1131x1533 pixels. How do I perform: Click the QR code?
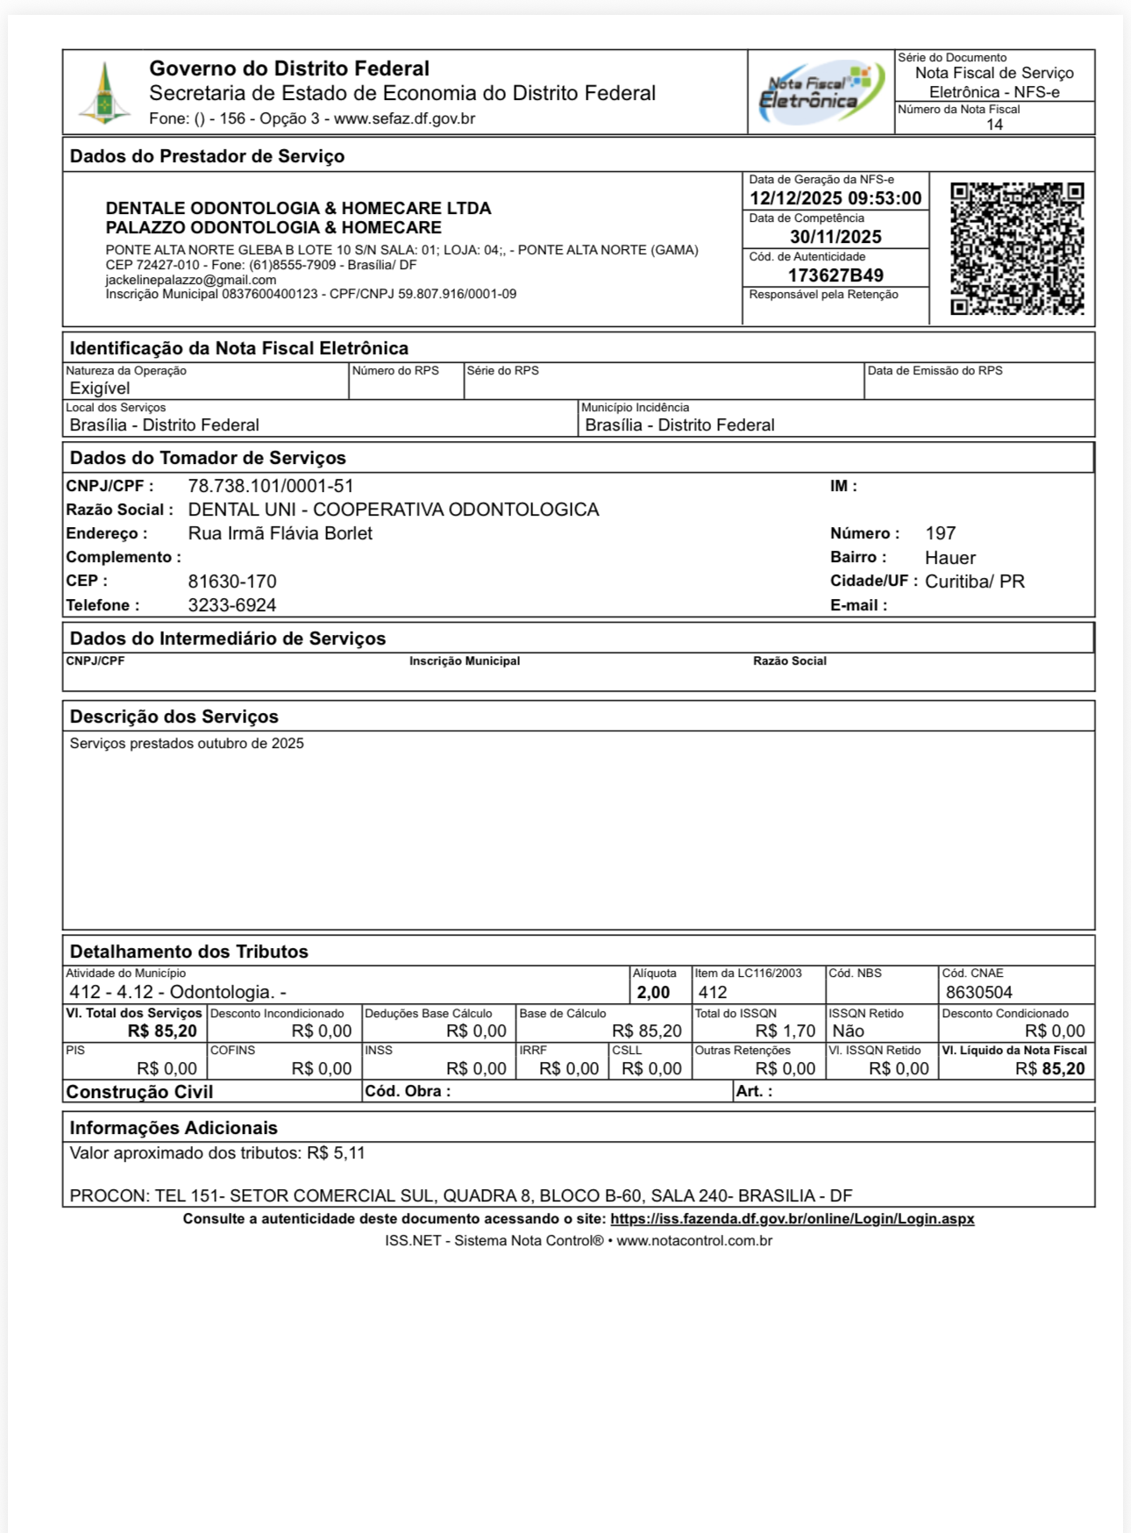click(x=1017, y=248)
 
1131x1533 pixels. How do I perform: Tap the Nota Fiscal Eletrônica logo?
click(x=821, y=93)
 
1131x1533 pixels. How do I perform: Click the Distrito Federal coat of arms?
click(x=104, y=93)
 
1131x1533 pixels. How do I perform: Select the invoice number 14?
click(x=994, y=125)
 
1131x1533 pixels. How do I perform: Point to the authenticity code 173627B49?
click(x=836, y=275)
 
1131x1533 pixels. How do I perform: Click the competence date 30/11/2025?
click(x=836, y=237)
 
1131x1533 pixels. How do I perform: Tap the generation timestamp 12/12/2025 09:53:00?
click(x=836, y=198)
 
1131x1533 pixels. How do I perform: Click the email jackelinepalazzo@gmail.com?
click(x=191, y=280)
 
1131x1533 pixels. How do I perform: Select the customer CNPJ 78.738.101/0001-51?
click(x=271, y=486)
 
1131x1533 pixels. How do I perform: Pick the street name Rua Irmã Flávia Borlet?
click(x=281, y=533)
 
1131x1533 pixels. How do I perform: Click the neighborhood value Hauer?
click(x=950, y=558)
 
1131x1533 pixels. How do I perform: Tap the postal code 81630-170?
click(x=232, y=581)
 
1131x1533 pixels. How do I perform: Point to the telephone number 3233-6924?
click(x=232, y=605)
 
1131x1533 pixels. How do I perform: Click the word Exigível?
click(x=100, y=389)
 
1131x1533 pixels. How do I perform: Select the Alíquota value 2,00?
click(x=653, y=993)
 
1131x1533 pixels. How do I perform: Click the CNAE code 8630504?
click(x=979, y=993)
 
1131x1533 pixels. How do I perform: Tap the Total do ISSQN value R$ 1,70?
click(x=786, y=1031)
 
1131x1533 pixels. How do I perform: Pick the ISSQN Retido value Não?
click(x=848, y=1031)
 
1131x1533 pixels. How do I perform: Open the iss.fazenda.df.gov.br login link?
click(x=792, y=1219)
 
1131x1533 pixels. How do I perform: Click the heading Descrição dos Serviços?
click(x=174, y=717)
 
